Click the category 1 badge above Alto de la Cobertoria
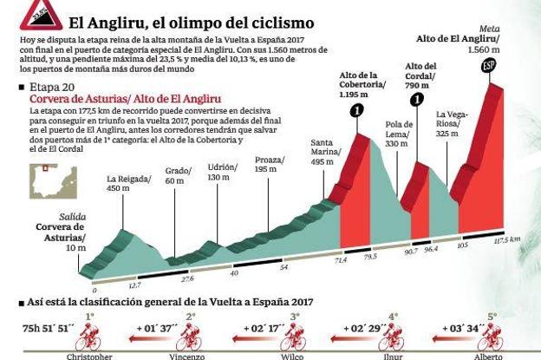pyautogui.click(x=359, y=110)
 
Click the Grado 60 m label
pyautogui.click(x=177, y=175)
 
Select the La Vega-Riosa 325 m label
pyautogui.click(x=453, y=123)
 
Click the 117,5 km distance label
pyautogui.click(x=506, y=239)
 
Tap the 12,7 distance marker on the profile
pyautogui.click(x=133, y=284)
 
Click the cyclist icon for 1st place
pyautogui.click(x=89, y=331)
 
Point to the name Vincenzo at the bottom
pyautogui.click(x=187, y=356)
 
